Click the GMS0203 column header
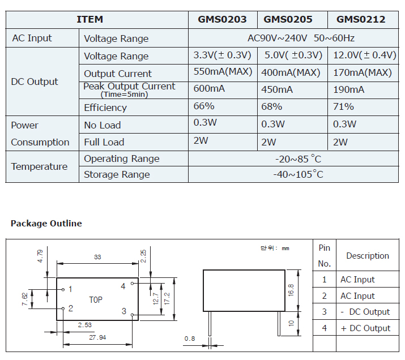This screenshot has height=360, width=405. click(x=222, y=19)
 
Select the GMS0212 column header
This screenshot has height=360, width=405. click(x=361, y=19)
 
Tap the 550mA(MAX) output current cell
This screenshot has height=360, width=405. click(x=223, y=72)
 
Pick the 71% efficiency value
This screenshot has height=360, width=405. click(x=343, y=106)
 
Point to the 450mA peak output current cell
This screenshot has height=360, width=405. click(x=277, y=89)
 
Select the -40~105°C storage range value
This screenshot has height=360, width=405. click(x=298, y=174)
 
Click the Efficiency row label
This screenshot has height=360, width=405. click(x=105, y=108)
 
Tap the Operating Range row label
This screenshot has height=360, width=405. click(x=122, y=158)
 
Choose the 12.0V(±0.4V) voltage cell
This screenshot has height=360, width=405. click(x=364, y=55)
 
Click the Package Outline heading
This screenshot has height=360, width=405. click(x=46, y=224)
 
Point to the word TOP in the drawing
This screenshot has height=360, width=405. click(x=96, y=299)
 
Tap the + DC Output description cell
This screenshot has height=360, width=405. click(x=365, y=328)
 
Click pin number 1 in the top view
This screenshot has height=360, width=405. click(x=70, y=289)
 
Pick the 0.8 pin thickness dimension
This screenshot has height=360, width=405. click(x=189, y=339)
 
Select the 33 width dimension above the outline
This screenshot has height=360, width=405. click(x=97, y=257)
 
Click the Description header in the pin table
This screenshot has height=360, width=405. click(x=368, y=256)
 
